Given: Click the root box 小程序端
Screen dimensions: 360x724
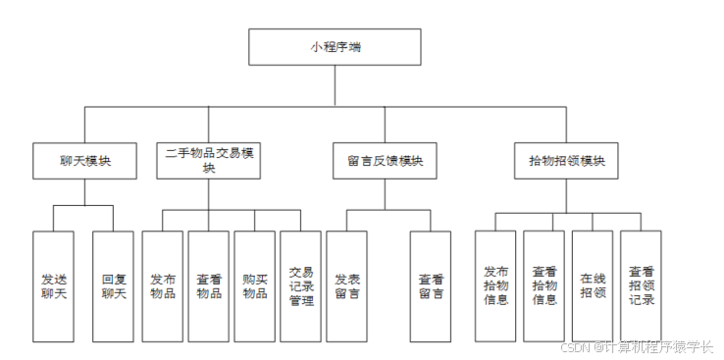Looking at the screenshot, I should pos(335,47).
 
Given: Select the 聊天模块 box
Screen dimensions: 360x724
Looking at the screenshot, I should pos(84,161).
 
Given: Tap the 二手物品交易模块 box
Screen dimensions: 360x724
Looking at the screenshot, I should pos(209,161).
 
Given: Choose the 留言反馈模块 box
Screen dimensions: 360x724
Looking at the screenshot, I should pos(385,161).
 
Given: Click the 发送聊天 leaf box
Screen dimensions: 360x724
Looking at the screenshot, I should pos(53,285).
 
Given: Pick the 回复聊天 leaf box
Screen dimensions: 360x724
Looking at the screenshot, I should pos(114,285).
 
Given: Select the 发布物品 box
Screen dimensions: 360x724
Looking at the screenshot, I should pos(163,285).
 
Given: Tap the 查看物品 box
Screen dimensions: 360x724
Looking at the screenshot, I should pos(209,285).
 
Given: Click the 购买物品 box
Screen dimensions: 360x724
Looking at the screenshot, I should pos(255,285).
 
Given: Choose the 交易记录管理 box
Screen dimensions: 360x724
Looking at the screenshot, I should pos(301,285).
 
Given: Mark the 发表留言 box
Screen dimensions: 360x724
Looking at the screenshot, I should pos(346,285).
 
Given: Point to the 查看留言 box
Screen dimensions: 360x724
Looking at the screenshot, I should pos(431,285).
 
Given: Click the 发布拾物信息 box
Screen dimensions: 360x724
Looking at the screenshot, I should pos(495,285).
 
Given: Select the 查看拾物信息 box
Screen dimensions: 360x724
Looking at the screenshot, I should pos(544,285).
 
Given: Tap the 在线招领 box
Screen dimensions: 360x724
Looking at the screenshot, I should pos(593,285).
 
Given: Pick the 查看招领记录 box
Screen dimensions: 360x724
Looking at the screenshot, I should pos(642,285).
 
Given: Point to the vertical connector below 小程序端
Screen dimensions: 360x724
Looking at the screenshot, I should pos(335,85).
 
